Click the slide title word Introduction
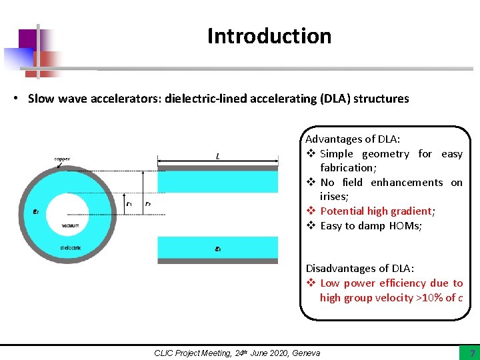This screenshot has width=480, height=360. pos(269,36)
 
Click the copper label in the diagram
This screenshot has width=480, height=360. pos(62,159)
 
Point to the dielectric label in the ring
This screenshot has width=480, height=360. pos(70,248)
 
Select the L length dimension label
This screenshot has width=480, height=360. pos(218,156)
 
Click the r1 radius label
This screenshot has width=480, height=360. pos(129,203)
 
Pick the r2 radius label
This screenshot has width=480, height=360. pos(148,203)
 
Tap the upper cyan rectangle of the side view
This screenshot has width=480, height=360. pos(217,182)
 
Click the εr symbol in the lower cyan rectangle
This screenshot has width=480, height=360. pos(218,249)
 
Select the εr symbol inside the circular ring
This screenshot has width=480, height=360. pos(27,213)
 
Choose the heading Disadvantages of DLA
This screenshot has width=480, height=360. pos(360,268)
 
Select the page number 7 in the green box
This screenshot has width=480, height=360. pos(472,353)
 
